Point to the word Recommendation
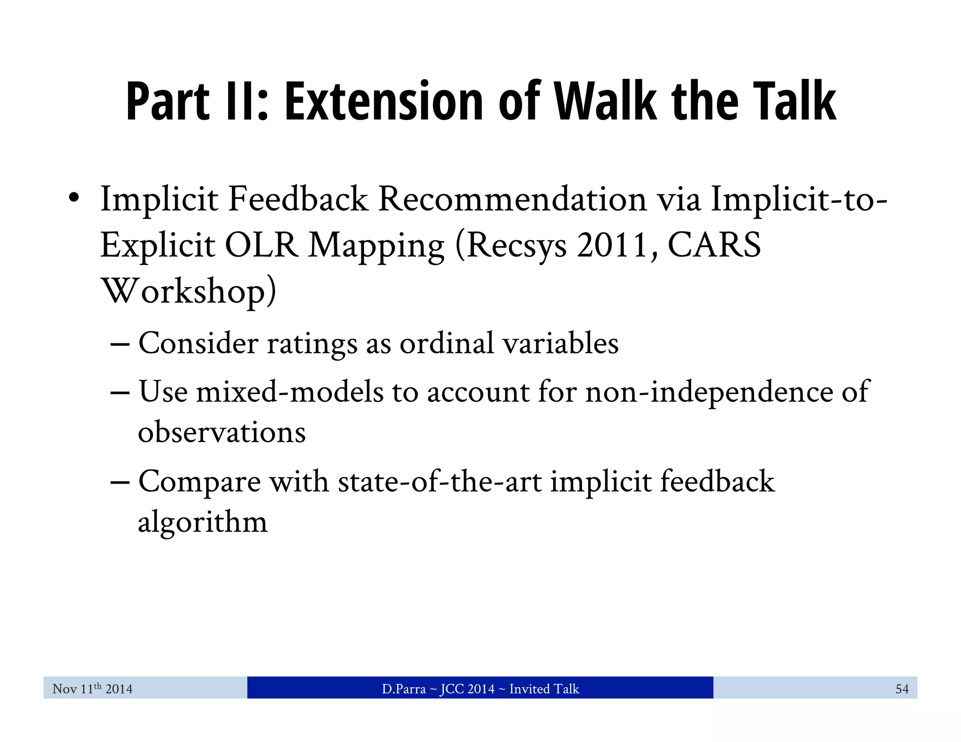click(513, 199)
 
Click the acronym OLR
click(261, 245)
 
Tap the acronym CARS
click(714, 245)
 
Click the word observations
click(221, 432)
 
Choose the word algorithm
click(202, 522)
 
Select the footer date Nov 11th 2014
click(92, 689)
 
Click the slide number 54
click(902, 689)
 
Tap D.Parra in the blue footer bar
click(404, 689)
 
